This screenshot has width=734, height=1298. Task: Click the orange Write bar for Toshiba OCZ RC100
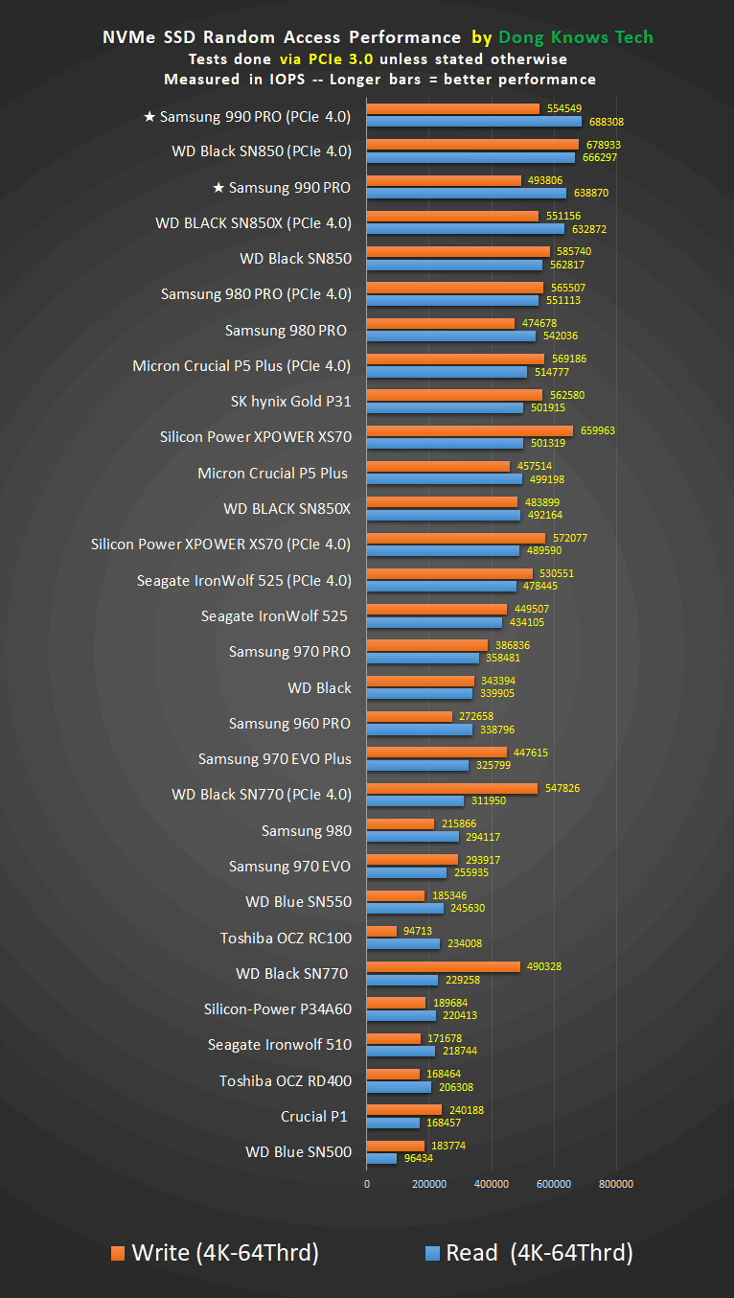(381, 931)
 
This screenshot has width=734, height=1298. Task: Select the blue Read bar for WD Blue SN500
(381, 1158)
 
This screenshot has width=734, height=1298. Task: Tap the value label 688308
(605, 123)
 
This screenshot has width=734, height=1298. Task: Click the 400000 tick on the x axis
(491, 1184)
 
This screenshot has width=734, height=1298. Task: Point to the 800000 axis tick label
(615, 1184)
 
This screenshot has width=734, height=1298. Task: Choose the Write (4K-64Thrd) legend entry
(215, 1252)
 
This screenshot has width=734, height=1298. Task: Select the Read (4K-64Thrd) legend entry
(528, 1252)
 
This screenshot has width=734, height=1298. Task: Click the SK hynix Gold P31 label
(290, 401)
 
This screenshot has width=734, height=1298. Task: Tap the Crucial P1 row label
(313, 1116)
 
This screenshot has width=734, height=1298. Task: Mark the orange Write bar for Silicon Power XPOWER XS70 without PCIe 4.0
(470, 430)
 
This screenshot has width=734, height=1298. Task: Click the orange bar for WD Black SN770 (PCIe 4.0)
(451, 788)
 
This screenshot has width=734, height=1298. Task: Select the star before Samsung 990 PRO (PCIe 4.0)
(149, 117)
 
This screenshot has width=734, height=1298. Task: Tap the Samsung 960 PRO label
(289, 723)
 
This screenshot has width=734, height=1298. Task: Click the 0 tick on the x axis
(367, 1184)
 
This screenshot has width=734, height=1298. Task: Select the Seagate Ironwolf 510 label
(280, 1045)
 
